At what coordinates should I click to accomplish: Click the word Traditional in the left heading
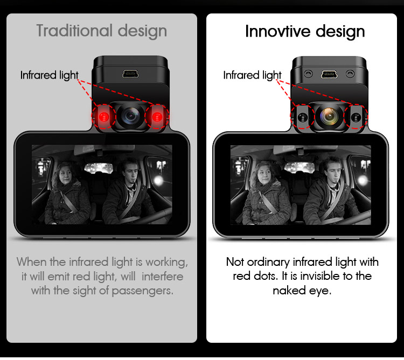[x=74, y=31]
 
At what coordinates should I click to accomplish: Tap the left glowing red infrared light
[x=104, y=117]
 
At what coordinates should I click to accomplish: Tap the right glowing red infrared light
[x=157, y=117]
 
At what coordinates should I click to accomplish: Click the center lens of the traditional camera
[x=130, y=116]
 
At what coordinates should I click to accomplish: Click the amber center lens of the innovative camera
[x=329, y=116]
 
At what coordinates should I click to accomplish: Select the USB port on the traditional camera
[x=130, y=74]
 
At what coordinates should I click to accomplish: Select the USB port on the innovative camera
[x=329, y=74]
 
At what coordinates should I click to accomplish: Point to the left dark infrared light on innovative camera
[x=303, y=117]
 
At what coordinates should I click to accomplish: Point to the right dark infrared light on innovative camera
[x=356, y=117]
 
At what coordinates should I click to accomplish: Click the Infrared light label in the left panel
[x=49, y=75]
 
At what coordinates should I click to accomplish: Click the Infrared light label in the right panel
[x=252, y=75]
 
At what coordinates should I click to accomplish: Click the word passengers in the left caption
[x=143, y=291]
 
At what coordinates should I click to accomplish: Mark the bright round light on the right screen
[x=362, y=181]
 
